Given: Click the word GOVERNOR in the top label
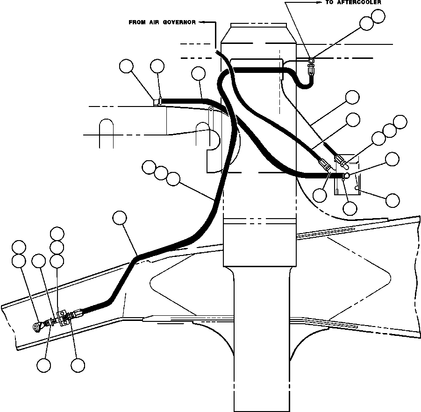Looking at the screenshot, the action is (179, 22).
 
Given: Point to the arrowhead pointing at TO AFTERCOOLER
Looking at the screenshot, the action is (319, 2).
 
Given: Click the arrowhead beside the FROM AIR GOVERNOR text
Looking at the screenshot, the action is (200, 22).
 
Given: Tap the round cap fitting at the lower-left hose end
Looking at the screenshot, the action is (36, 326).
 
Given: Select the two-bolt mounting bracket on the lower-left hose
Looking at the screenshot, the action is (62, 318).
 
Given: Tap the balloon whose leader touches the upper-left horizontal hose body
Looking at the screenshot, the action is (199, 73).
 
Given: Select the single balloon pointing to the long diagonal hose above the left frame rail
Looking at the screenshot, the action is (120, 218).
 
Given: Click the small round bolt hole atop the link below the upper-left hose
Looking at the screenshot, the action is (211, 109).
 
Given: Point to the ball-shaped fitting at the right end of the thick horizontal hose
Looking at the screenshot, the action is (346, 176).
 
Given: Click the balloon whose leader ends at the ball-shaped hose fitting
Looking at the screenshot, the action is (392, 159).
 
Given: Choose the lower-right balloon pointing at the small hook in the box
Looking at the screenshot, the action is (392, 200).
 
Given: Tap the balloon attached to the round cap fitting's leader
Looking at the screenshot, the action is (19, 261).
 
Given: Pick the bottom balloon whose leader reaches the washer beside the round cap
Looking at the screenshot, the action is (44, 365).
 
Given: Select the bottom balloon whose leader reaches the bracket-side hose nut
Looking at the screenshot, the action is (78, 365).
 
